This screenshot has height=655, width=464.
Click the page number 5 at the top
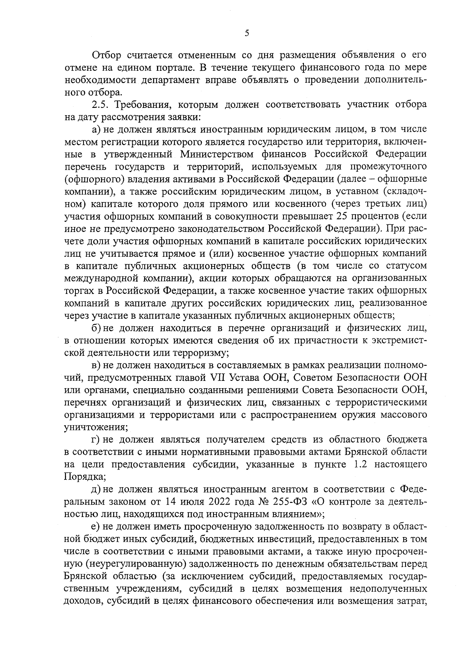click(247, 33)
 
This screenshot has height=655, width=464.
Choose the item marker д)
click(96, 489)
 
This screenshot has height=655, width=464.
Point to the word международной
click(102, 278)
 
